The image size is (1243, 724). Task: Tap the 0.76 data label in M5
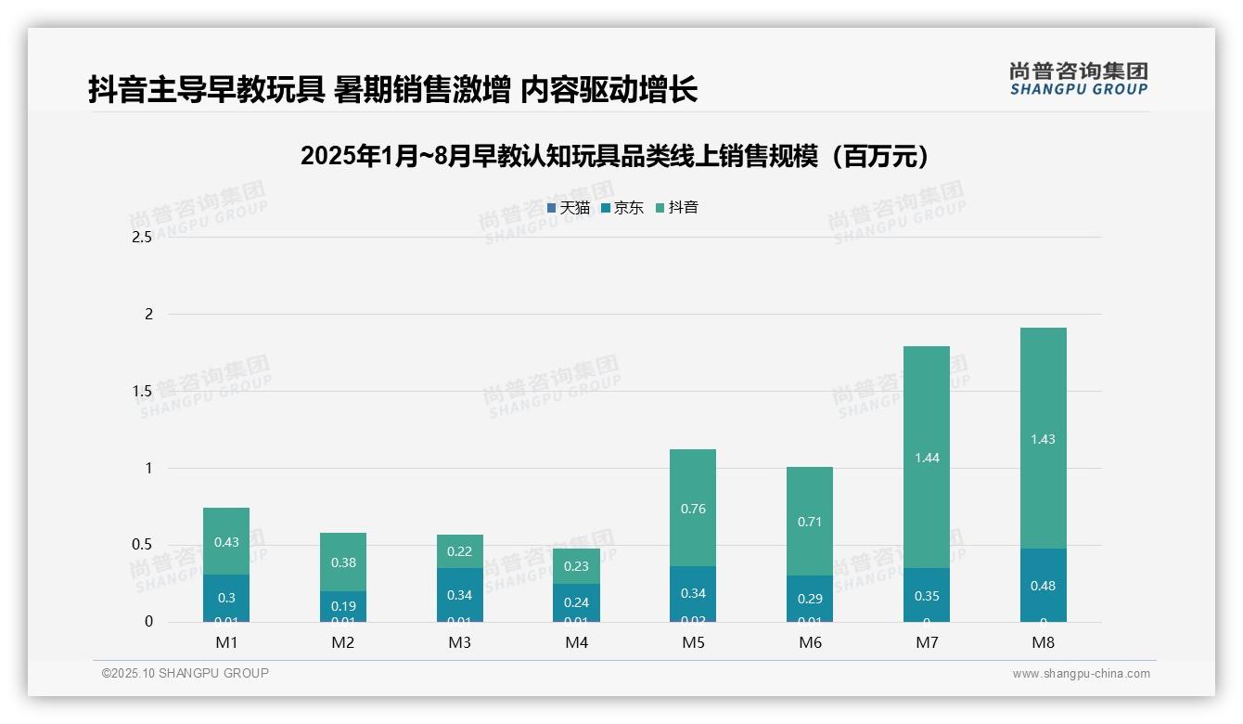tap(693, 509)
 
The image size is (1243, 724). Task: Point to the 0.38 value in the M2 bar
tap(343, 562)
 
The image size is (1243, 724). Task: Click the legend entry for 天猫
tap(569, 208)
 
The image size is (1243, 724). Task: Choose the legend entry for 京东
tap(622, 208)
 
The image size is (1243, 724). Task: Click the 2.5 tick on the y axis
tap(142, 238)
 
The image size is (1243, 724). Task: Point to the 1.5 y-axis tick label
tap(142, 391)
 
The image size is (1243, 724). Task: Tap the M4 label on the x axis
tap(576, 643)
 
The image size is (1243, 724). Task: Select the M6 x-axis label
tap(810, 643)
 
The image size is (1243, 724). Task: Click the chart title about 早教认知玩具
tap(615, 157)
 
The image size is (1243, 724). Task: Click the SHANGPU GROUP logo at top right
tap(1079, 79)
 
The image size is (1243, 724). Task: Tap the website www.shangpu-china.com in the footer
tap(1081, 674)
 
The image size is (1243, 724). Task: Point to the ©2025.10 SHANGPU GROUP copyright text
tap(186, 674)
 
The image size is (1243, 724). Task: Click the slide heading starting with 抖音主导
tap(392, 90)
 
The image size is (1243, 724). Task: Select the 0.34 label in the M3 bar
tap(459, 595)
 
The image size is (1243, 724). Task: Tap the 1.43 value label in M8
tap(1043, 439)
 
